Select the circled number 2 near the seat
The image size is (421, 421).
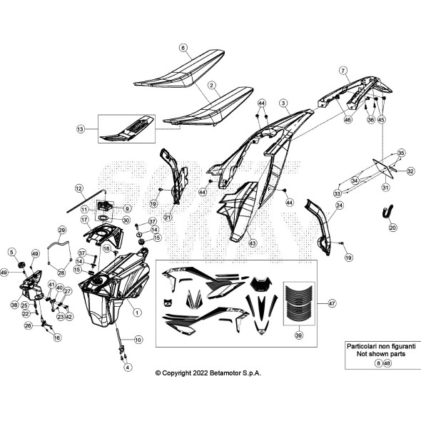point(212,84)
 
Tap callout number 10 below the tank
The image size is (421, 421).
point(138,339)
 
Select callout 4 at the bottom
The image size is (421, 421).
point(128,367)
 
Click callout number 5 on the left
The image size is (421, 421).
point(12,251)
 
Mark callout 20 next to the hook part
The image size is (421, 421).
point(392,228)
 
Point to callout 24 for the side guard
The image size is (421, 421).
point(340,206)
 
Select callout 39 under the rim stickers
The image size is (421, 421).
point(298,335)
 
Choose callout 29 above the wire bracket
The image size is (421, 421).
point(62,230)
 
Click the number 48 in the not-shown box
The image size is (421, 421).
point(387,362)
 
